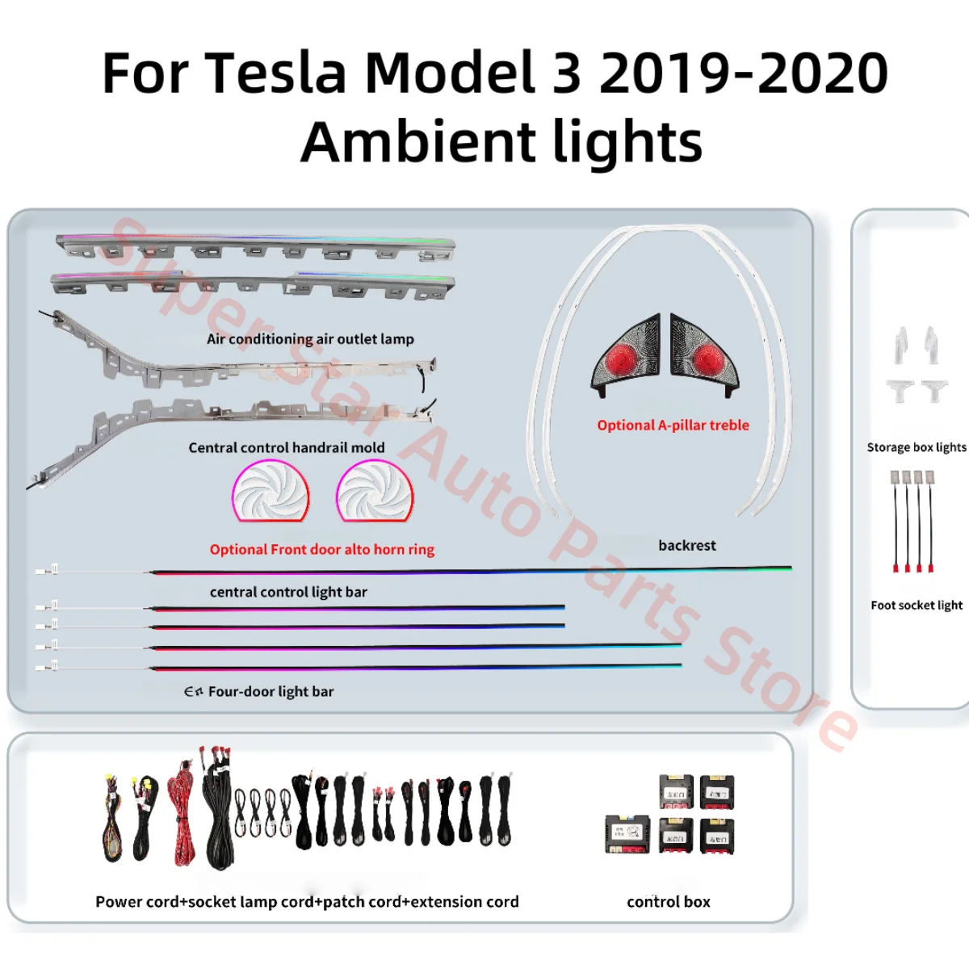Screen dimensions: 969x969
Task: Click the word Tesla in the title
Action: click(x=275, y=73)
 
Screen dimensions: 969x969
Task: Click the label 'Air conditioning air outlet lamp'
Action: click(x=310, y=339)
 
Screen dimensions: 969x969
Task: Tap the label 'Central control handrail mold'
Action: click(x=286, y=447)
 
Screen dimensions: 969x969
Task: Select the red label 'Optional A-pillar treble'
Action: click(x=673, y=426)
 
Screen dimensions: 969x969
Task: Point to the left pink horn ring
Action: click(x=271, y=490)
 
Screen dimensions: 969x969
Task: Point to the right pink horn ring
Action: click(x=375, y=490)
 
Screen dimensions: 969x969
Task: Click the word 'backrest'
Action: click(x=686, y=546)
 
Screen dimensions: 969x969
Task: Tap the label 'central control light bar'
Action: click(x=288, y=592)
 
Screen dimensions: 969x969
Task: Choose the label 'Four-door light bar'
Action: click(x=271, y=691)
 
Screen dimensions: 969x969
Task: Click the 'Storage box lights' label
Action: click(x=916, y=447)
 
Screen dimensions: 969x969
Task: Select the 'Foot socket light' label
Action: click(x=917, y=606)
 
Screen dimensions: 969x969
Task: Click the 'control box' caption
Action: click(x=669, y=902)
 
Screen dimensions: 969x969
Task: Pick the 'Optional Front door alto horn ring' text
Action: click(x=321, y=550)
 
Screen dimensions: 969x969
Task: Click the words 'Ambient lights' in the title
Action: click(x=501, y=142)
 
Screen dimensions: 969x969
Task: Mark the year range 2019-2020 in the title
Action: click(x=743, y=73)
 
